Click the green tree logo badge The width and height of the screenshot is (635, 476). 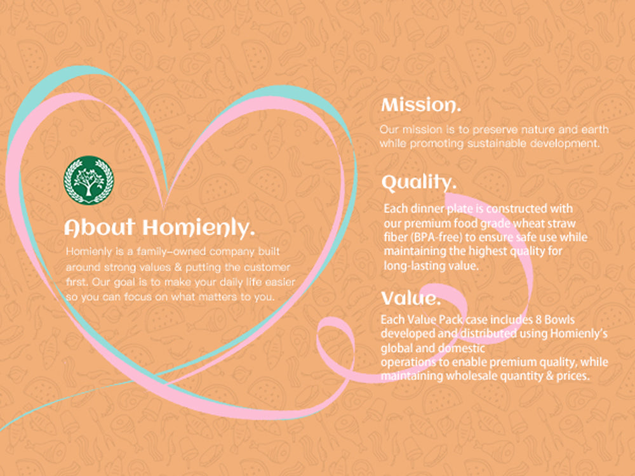pyautogui.click(x=89, y=180)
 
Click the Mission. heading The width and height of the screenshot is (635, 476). pyautogui.click(x=421, y=105)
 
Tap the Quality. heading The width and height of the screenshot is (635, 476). pyautogui.click(x=418, y=183)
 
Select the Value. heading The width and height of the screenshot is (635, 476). pyautogui.click(x=411, y=298)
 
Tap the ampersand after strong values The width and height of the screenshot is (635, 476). pyautogui.click(x=178, y=267)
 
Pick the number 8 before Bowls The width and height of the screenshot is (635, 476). pyautogui.click(x=538, y=320)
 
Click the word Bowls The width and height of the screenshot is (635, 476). pyautogui.click(x=559, y=320)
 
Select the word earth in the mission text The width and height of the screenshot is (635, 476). pyautogui.click(x=596, y=129)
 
